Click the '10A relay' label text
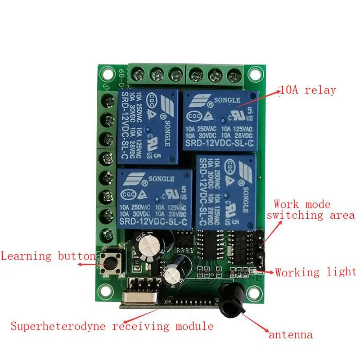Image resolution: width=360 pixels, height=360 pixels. tap(308, 90)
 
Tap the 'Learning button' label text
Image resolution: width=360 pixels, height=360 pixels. tap(48, 256)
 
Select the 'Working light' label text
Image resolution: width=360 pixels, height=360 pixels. tap(315, 272)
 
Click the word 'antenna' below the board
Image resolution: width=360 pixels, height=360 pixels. tap(291, 335)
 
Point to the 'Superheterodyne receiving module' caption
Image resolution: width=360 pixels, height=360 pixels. tap(112, 326)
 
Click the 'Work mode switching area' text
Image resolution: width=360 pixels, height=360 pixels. tap(310, 210)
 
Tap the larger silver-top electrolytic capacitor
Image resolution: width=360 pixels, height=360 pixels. tap(148, 245)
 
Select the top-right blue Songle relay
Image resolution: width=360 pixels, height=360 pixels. tap(220, 120)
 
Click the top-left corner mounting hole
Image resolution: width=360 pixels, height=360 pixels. tap(107, 72)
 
